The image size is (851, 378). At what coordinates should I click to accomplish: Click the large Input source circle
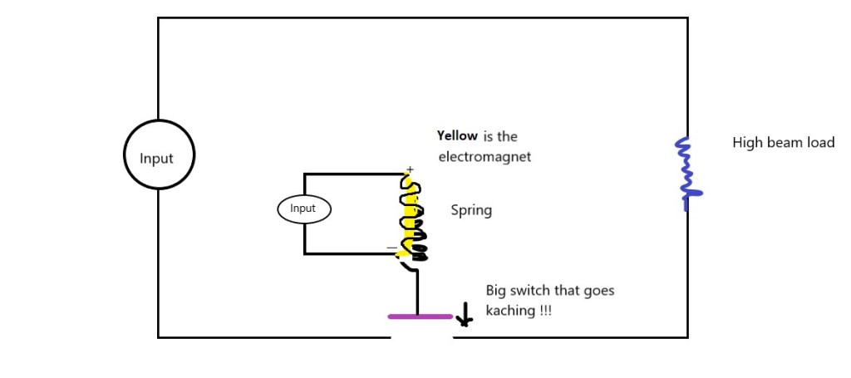[x=159, y=155]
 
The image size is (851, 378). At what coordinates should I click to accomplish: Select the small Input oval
[x=303, y=209]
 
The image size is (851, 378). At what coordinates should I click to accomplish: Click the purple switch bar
[x=420, y=317]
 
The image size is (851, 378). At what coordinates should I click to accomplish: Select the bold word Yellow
[x=457, y=135]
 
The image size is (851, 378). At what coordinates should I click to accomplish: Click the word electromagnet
[x=484, y=155]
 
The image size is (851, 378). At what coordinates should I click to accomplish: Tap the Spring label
[x=471, y=210]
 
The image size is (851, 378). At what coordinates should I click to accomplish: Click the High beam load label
[x=783, y=143]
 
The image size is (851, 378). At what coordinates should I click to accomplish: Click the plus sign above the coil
[x=410, y=169]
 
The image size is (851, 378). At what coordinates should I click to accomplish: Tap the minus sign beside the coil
[x=391, y=248]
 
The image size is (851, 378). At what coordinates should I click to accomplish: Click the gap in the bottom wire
[x=421, y=337]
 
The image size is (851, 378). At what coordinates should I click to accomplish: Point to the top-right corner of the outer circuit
[x=687, y=18]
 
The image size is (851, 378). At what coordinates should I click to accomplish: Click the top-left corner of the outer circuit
[x=158, y=18]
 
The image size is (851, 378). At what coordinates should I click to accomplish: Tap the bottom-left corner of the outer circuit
[x=158, y=336]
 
